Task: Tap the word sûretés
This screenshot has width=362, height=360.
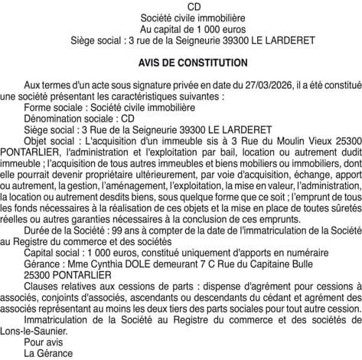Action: (341, 216)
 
